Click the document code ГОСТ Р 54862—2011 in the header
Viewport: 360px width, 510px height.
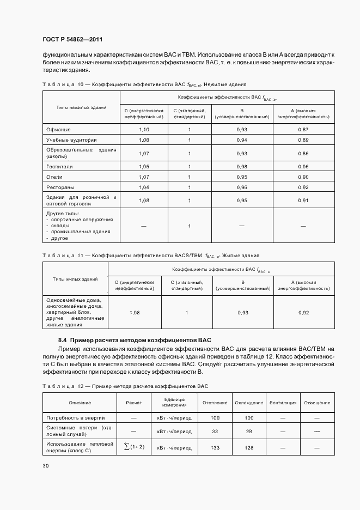[x=72, y=39]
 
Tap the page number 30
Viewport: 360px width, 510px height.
[x=45, y=466]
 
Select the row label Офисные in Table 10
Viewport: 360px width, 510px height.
[x=59, y=129]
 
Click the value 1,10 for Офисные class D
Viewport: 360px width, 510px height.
[x=144, y=129]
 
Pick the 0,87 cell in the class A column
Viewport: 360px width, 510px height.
[x=303, y=129]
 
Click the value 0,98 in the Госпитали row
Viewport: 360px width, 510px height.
[x=242, y=167]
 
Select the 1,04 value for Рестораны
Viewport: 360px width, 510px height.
[x=144, y=187]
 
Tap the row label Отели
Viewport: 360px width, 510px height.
[x=54, y=177]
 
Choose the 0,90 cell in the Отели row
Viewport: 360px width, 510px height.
[x=303, y=177]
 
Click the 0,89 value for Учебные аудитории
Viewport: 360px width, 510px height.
[x=303, y=140]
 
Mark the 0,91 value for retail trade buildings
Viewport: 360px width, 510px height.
[x=303, y=200]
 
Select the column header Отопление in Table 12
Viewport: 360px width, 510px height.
[x=215, y=403]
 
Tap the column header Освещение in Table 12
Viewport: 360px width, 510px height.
[x=317, y=403]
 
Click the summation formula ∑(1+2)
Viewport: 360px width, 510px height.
[x=134, y=447]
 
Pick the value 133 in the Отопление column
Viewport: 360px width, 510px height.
[x=215, y=447]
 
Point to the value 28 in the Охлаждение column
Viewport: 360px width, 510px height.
[x=249, y=432]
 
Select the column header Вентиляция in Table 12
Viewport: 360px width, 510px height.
[x=283, y=403]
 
